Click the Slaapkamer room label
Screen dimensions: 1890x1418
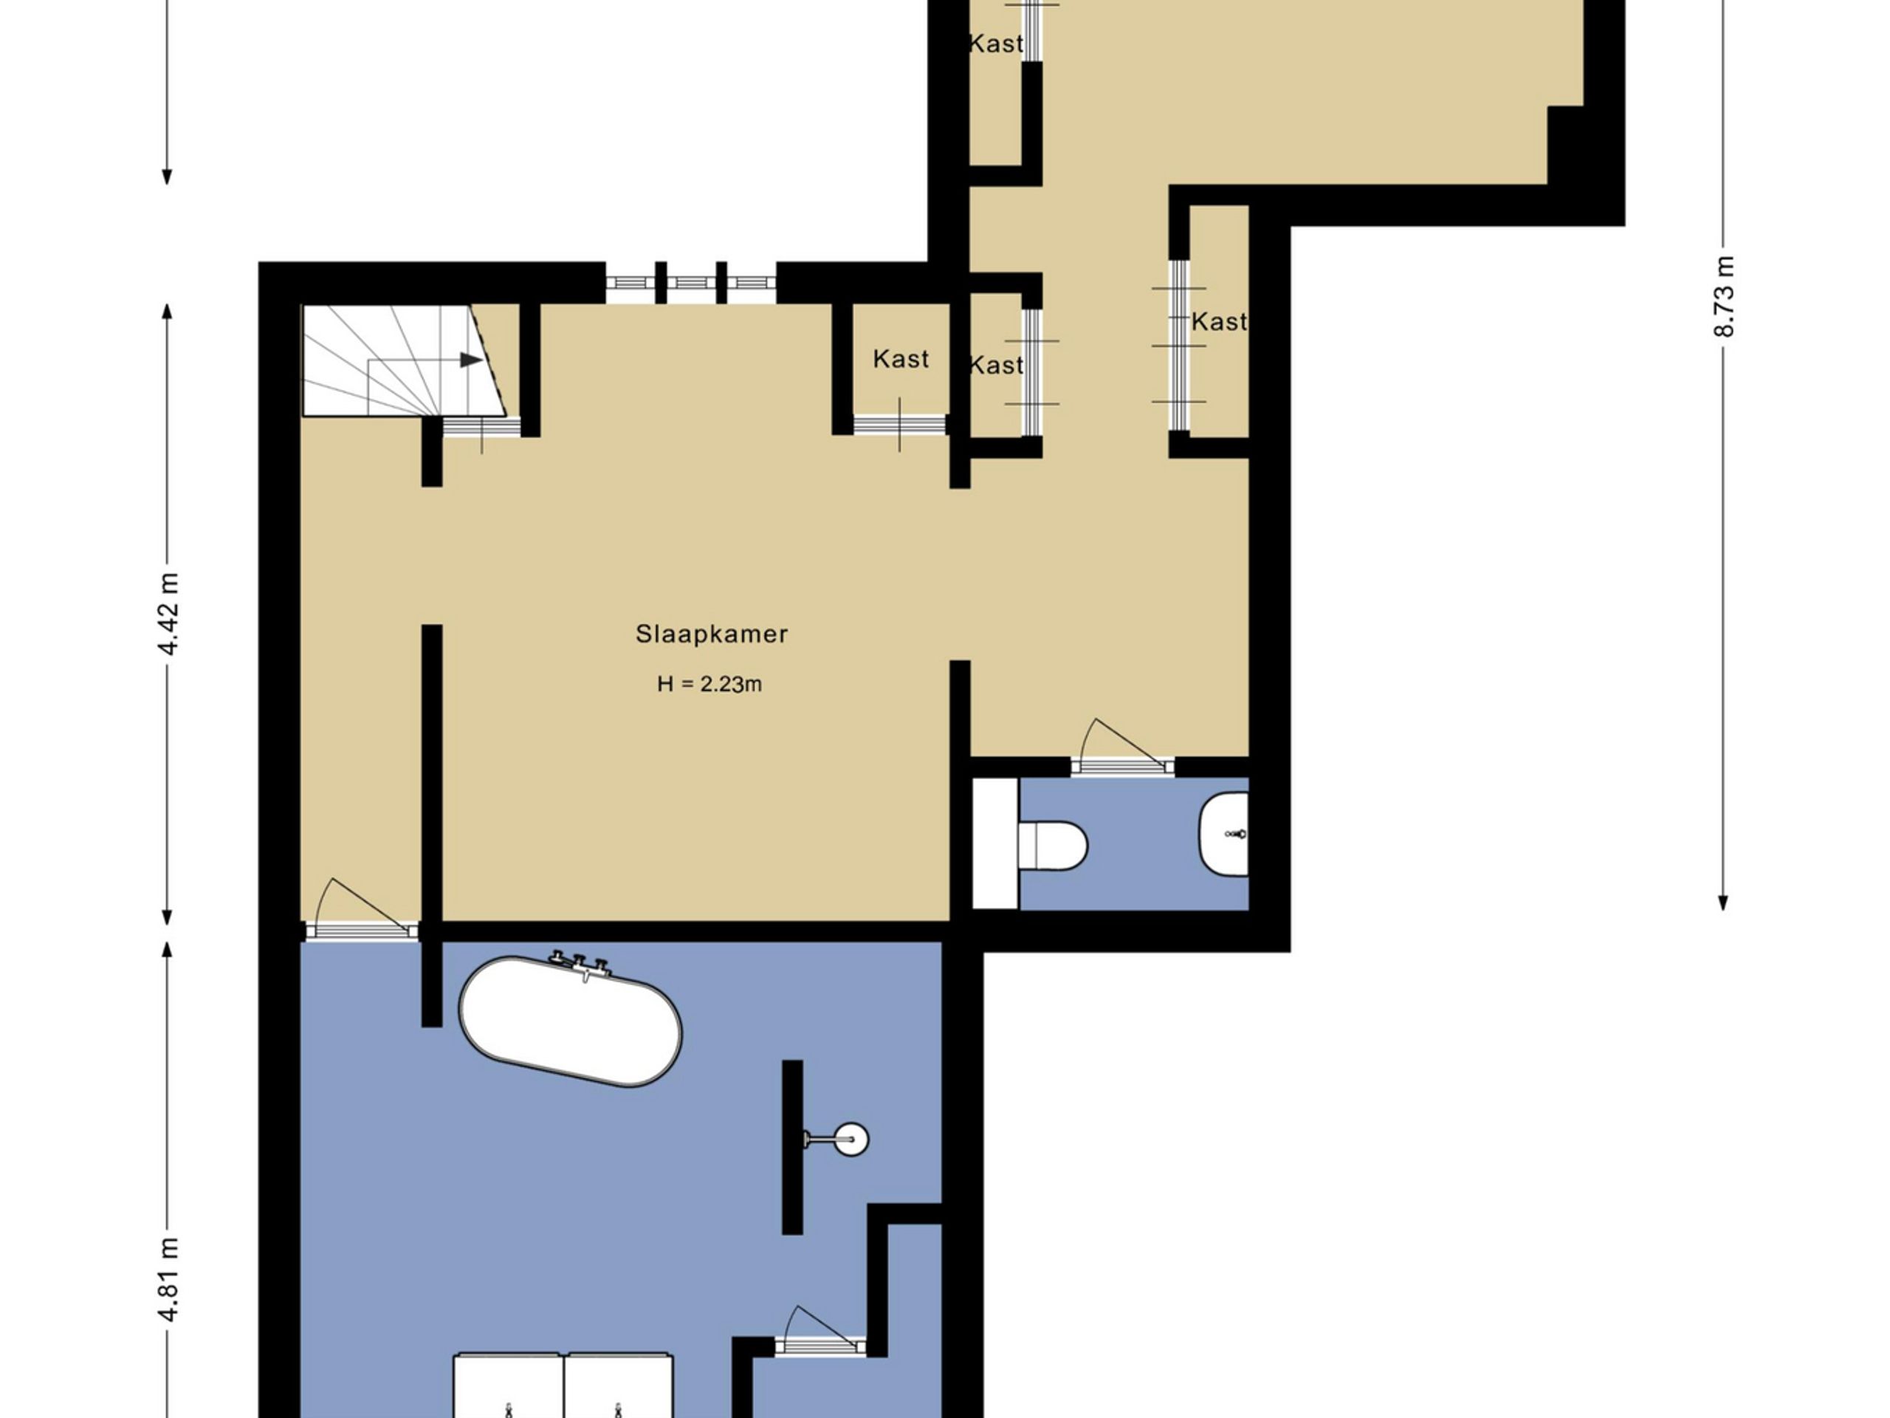(711, 634)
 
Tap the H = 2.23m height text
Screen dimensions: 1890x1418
(709, 684)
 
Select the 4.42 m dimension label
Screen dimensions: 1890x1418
(169, 614)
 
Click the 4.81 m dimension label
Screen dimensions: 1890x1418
(169, 1280)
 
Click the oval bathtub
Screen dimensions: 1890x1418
(571, 1022)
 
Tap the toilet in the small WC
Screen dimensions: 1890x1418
(1053, 846)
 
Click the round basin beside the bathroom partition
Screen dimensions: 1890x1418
(851, 1139)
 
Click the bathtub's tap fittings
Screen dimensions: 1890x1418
(580, 964)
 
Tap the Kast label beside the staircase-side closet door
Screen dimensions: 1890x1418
(901, 359)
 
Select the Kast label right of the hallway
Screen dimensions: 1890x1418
(1220, 322)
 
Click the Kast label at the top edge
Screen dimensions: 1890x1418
(996, 44)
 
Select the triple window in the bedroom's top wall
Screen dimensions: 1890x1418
(691, 283)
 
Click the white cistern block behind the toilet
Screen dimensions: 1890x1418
(995, 843)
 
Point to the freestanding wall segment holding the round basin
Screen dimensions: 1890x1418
(792, 1148)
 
